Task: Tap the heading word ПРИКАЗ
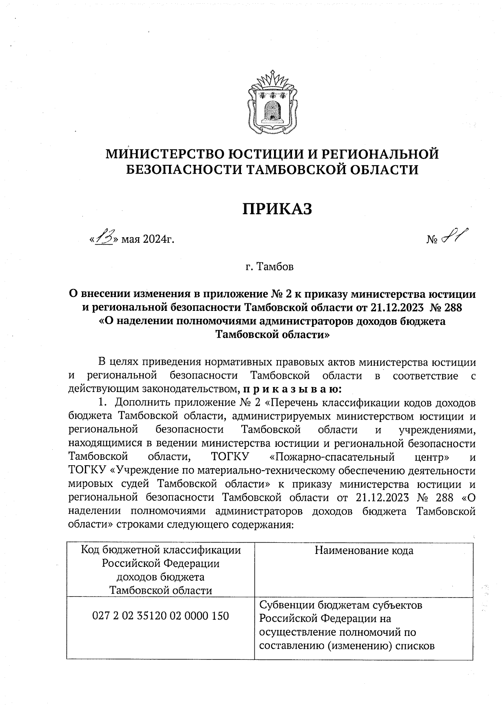[x=278, y=209]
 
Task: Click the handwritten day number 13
[x=103, y=239]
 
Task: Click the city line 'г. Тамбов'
[x=269, y=267]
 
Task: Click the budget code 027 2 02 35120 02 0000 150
[x=160, y=616]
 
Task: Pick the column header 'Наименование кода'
[x=364, y=551]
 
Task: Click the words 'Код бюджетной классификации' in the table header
[x=161, y=550]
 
